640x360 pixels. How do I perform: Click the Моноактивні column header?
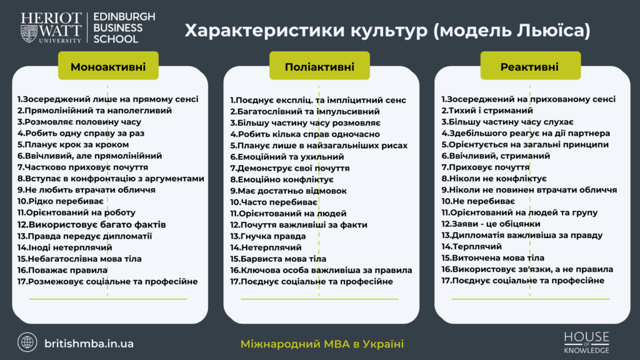(x=108, y=66)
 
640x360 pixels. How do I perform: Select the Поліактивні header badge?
(x=319, y=66)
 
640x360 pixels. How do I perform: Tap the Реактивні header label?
(x=530, y=66)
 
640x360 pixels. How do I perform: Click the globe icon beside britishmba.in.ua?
(x=27, y=342)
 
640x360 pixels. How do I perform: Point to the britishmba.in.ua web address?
(x=89, y=344)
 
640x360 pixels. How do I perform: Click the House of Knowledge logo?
(x=586, y=342)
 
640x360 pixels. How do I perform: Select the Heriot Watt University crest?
(x=29, y=34)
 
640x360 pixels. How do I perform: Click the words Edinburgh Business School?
(x=124, y=27)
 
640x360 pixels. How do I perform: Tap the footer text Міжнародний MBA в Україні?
(x=322, y=344)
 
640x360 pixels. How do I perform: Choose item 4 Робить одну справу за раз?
(x=81, y=133)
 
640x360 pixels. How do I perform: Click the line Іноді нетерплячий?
(x=64, y=247)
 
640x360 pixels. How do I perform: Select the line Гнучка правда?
(x=267, y=236)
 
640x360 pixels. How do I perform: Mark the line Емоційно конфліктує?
(x=282, y=179)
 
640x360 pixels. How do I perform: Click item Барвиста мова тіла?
(x=278, y=259)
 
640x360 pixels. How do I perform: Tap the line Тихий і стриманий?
(x=487, y=111)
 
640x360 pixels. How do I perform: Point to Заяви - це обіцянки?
(x=491, y=224)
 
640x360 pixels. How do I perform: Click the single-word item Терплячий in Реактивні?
(x=471, y=246)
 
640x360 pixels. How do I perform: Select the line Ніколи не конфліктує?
(x=494, y=179)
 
